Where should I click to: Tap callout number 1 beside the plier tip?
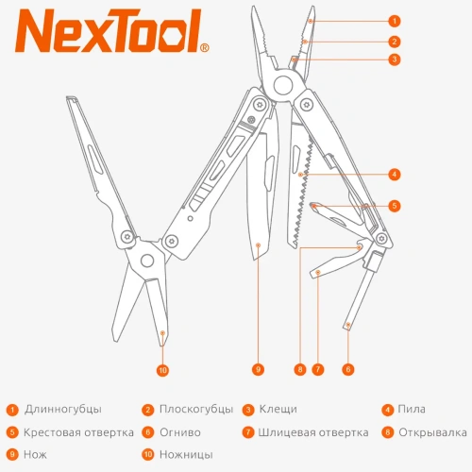395,20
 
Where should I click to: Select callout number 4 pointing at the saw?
395,174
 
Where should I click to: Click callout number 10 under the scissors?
162,370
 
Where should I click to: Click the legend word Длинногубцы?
63,410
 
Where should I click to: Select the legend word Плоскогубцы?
196,410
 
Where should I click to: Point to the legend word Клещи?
278,410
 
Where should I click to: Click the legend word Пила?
413,410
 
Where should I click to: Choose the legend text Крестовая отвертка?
78,433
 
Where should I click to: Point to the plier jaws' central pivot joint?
280,86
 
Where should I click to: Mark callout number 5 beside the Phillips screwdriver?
395,205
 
